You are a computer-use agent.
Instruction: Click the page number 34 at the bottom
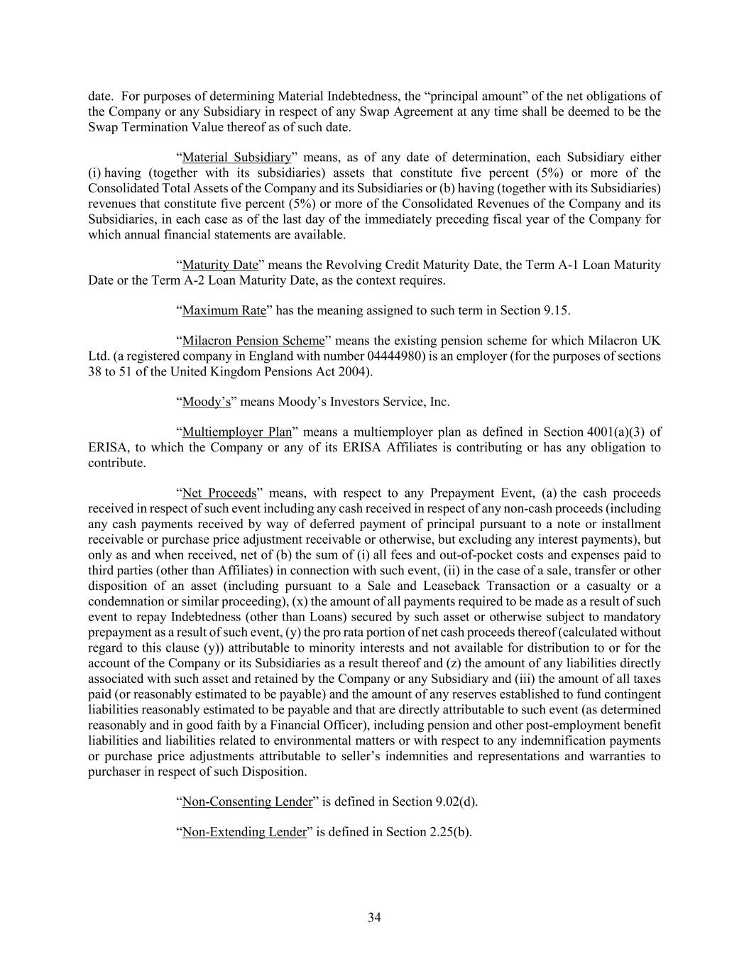click(x=374, y=918)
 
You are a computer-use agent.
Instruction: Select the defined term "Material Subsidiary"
click(x=236, y=158)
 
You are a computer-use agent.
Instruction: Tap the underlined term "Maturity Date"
click(x=220, y=265)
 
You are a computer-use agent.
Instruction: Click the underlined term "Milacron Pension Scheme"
click(x=253, y=341)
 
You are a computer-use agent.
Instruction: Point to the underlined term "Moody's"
click(x=207, y=402)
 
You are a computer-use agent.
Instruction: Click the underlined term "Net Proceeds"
click(x=219, y=493)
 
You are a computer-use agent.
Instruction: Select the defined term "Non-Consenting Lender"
click(x=247, y=802)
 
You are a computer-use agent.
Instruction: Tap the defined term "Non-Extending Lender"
click(x=244, y=832)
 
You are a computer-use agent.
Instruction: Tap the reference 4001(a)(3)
click(x=615, y=432)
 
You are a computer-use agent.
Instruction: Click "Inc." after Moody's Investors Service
click(x=439, y=402)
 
